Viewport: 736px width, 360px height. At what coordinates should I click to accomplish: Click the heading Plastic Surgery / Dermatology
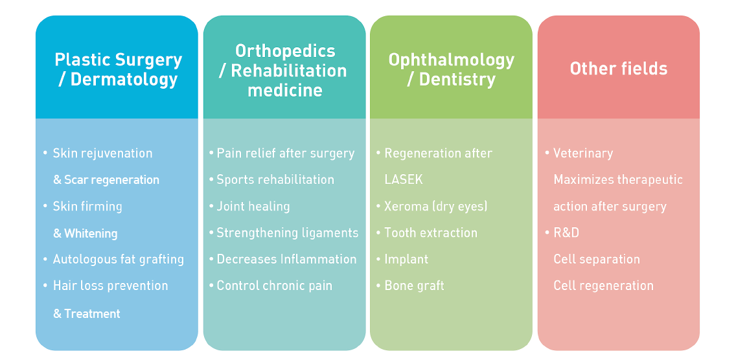119,69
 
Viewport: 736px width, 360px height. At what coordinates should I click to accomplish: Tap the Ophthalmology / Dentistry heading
451,69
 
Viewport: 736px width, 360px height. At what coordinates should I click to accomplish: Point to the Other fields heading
618,69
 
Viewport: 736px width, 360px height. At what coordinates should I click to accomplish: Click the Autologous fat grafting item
119,260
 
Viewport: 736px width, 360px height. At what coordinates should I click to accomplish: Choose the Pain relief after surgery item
285,153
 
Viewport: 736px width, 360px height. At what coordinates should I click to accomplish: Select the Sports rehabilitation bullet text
275,180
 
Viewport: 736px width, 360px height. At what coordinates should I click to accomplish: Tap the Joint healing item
253,207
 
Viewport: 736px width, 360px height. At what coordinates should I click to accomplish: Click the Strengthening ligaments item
287,233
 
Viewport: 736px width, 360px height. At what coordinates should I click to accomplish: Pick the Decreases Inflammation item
286,259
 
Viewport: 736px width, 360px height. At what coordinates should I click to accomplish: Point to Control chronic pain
274,286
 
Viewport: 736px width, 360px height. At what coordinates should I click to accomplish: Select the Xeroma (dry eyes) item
435,207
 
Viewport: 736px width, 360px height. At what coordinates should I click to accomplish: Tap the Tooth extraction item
430,233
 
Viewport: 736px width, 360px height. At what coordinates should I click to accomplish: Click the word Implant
406,260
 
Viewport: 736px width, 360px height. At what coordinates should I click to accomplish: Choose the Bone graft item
414,286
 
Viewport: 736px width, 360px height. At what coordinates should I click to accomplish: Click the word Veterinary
583,153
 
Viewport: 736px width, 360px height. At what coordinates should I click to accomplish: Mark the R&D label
566,233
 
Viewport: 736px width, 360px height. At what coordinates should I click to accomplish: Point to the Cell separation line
597,260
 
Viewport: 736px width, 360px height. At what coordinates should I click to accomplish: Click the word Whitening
91,233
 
